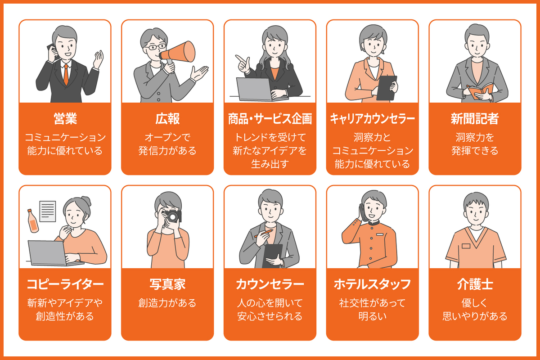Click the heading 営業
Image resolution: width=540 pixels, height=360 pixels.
[x=65, y=118]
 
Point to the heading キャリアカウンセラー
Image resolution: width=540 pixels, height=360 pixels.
[x=372, y=118]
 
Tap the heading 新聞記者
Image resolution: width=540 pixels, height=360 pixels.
[x=475, y=118]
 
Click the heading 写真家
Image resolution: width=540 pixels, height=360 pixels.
[x=167, y=284]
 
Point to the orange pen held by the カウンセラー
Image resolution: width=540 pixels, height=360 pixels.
[x=265, y=234]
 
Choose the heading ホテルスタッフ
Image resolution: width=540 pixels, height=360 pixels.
[x=372, y=284]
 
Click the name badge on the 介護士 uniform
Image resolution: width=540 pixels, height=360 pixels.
[x=465, y=246]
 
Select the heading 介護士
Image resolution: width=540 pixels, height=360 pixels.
[x=475, y=284]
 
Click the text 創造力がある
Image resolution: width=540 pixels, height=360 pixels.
[x=167, y=303]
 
